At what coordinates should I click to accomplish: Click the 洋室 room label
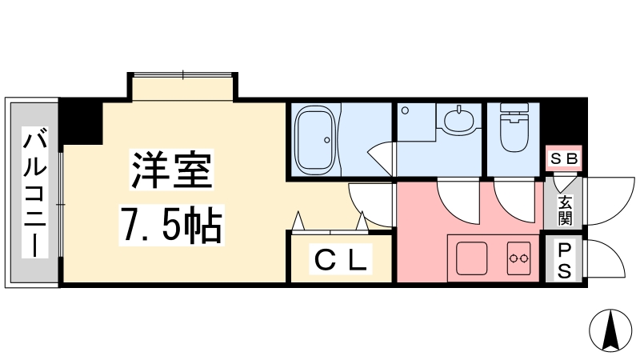(171, 170)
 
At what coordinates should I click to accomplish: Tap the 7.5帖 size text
(171, 225)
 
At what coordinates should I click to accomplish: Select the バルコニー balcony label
(35, 193)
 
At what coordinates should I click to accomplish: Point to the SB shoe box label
(564, 158)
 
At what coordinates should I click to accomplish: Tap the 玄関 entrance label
(565, 210)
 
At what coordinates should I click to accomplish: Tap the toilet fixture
(514, 126)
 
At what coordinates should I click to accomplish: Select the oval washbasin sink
(459, 119)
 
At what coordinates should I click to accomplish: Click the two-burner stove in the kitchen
(518, 258)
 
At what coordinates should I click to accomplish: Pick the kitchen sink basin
(471, 258)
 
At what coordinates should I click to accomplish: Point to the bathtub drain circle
(327, 140)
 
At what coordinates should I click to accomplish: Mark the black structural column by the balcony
(81, 122)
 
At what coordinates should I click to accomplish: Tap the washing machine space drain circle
(405, 110)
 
